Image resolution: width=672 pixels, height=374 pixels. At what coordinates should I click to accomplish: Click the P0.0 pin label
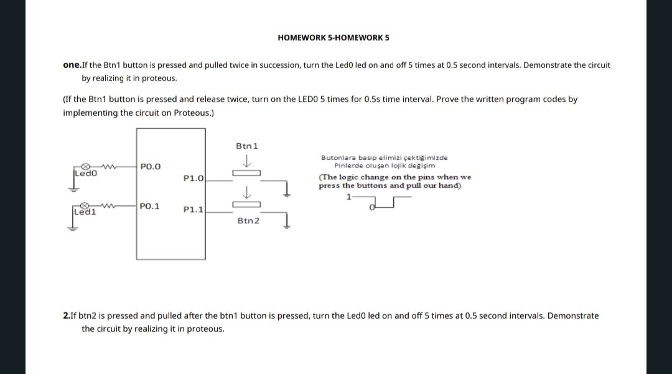pos(151,166)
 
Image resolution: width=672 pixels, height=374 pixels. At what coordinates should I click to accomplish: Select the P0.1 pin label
pos(150,205)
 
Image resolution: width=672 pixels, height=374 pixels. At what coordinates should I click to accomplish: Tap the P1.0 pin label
pos(194,179)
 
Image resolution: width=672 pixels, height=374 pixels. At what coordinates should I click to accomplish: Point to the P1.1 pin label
pos(194,210)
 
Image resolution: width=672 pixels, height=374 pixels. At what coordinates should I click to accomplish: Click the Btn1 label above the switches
pos(247,146)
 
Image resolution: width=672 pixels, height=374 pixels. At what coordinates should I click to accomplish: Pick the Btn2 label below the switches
pos(248,220)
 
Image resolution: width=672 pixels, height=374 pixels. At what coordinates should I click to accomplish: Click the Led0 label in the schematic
pos(83,174)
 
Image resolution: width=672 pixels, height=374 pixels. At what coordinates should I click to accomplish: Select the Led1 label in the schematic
pos(83,212)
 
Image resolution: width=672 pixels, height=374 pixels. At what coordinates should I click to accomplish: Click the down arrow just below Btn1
pos(247,161)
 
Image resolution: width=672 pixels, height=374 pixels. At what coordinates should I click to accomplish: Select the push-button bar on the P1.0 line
pos(246,174)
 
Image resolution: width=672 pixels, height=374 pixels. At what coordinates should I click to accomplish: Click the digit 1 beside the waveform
pos(349,197)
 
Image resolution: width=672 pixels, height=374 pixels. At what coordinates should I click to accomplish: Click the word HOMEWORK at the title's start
pos(301,38)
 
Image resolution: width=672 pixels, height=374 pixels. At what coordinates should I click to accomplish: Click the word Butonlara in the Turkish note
pos(335,158)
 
